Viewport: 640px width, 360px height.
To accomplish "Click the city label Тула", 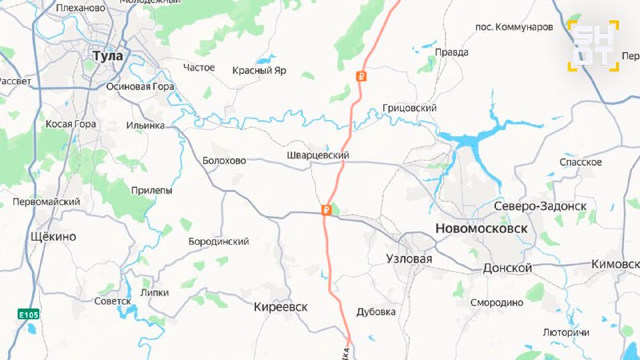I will (108, 56).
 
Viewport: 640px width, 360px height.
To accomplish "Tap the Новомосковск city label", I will (482, 229).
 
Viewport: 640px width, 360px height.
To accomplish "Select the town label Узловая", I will (409, 259).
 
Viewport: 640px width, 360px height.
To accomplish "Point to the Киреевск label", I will (281, 307).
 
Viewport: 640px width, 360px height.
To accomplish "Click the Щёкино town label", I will (52, 237).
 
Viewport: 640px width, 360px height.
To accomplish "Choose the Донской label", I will (507, 268).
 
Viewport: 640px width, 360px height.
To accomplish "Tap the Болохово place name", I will (225, 160).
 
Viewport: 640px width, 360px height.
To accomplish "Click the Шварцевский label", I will (318, 155).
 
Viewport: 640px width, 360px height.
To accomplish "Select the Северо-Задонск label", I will (540, 206).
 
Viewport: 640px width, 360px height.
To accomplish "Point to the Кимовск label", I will (615, 264).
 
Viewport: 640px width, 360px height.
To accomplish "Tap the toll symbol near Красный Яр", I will (361, 77).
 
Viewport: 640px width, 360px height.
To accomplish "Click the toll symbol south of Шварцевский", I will (326, 211).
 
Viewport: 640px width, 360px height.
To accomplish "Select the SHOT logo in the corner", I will (594, 45).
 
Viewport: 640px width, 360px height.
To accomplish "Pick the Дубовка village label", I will (377, 312).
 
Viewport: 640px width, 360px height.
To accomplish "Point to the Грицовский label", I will (410, 108).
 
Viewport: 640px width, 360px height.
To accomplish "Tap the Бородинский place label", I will (218, 242).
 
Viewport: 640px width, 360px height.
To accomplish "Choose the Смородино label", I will (496, 303).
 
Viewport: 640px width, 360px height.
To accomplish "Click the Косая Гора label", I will (70, 125).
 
